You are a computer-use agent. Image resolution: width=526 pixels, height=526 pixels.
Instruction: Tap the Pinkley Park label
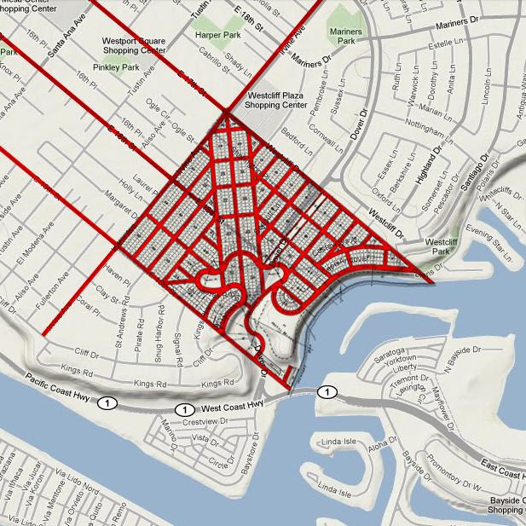[117, 66]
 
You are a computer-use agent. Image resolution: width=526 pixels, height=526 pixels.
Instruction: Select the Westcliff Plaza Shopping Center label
[275, 100]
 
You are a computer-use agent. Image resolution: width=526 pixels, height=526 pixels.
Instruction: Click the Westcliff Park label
[442, 246]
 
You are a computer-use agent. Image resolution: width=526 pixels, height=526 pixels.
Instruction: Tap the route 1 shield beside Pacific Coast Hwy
[107, 402]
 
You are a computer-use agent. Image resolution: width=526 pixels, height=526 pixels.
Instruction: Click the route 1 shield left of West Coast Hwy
[182, 410]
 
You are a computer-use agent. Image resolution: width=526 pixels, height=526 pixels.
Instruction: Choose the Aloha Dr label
[373, 448]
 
